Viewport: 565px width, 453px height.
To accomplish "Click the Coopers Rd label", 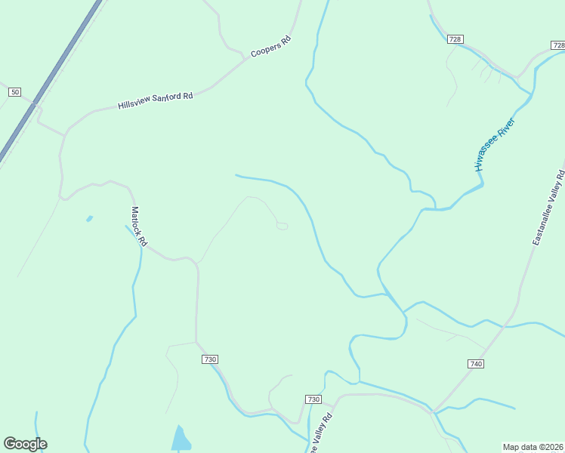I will point(270,47).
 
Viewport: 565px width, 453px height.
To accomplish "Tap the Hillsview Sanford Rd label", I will point(156,101).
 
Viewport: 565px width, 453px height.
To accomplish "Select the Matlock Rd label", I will point(138,226).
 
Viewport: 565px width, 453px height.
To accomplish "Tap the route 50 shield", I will point(14,91).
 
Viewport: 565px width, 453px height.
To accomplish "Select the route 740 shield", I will point(475,364).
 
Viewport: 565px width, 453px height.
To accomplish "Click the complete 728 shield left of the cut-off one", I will point(454,39).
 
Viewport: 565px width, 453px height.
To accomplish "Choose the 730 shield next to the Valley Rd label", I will point(313,399).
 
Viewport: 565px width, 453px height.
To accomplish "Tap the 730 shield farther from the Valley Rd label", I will point(210,359).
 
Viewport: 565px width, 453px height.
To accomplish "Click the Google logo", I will point(25,444).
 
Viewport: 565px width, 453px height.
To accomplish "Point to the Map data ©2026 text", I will point(533,446).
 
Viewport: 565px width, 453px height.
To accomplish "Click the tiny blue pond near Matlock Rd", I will point(90,219).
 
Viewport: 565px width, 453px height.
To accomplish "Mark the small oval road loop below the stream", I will point(282,226).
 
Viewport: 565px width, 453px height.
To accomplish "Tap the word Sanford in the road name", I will point(167,99).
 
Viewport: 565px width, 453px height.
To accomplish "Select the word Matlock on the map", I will point(135,220).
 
